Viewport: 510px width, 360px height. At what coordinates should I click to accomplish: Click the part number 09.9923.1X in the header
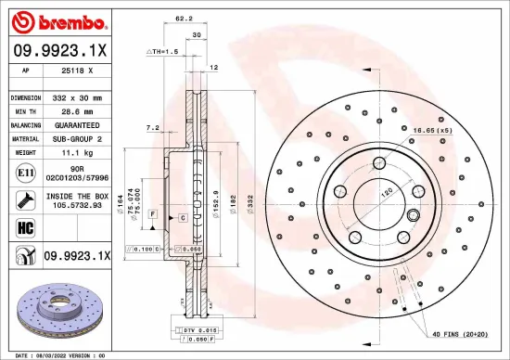pyautogui.click(x=57, y=48)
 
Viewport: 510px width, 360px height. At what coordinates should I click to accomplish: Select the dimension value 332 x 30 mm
pyautogui.click(x=76, y=96)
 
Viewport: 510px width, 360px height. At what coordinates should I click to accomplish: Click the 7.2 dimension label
pyautogui.click(x=153, y=127)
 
